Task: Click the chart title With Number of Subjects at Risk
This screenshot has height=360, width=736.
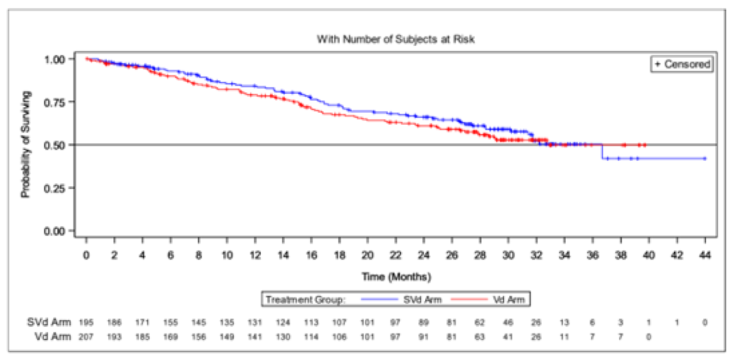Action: pos(395,40)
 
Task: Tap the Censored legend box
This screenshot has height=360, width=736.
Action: pos(682,64)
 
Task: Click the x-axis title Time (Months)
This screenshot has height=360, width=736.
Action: pos(395,277)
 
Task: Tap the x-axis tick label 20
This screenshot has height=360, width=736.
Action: pos(368,255)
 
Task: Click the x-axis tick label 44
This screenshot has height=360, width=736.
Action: pos(705,255)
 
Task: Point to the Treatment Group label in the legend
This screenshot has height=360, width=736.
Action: pos(305,299)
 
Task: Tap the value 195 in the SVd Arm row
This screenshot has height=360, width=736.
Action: pos(86,322)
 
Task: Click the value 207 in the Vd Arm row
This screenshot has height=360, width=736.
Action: pos(86,336)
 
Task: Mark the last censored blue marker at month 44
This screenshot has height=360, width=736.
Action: pos(705,158)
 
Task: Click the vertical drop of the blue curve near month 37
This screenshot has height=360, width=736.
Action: pos(601,152)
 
